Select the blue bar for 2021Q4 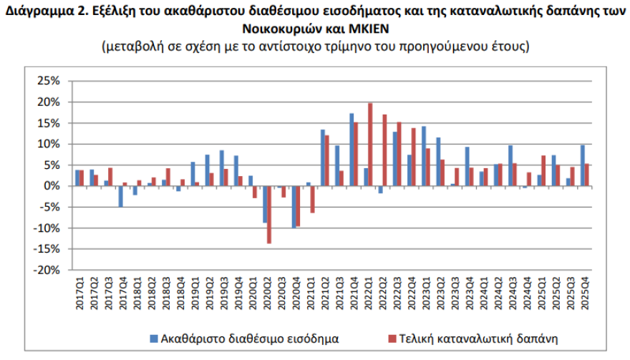coord(352,150)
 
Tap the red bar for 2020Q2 coord(269,215)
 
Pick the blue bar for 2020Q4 coord(293,207)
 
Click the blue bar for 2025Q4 coord(583,165)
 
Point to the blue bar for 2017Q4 coord(120,197)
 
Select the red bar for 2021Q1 coord(313,200)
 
